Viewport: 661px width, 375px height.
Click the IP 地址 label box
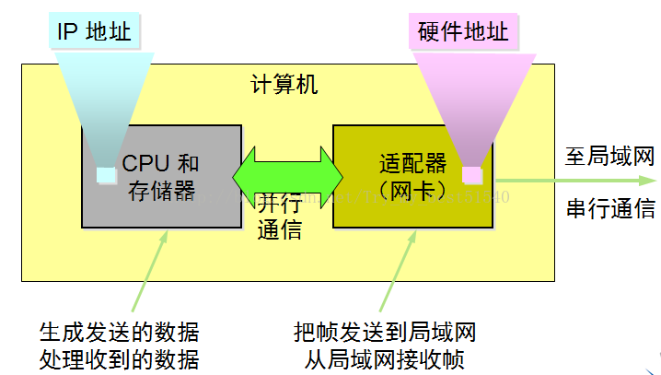tap(95, 31)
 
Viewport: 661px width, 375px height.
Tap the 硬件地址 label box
tap(464, 32)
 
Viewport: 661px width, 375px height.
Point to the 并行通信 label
tap(279, 217)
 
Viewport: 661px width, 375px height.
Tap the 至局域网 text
tap(609, 154)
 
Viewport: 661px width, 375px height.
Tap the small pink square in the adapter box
tap(471, 175)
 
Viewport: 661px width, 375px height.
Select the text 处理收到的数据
tap(119, 357)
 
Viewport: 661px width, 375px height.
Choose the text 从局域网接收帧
tap(384, 357)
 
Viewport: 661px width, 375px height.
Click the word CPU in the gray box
tap(146, 165)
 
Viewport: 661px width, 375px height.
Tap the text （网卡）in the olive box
tap(412, 190)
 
